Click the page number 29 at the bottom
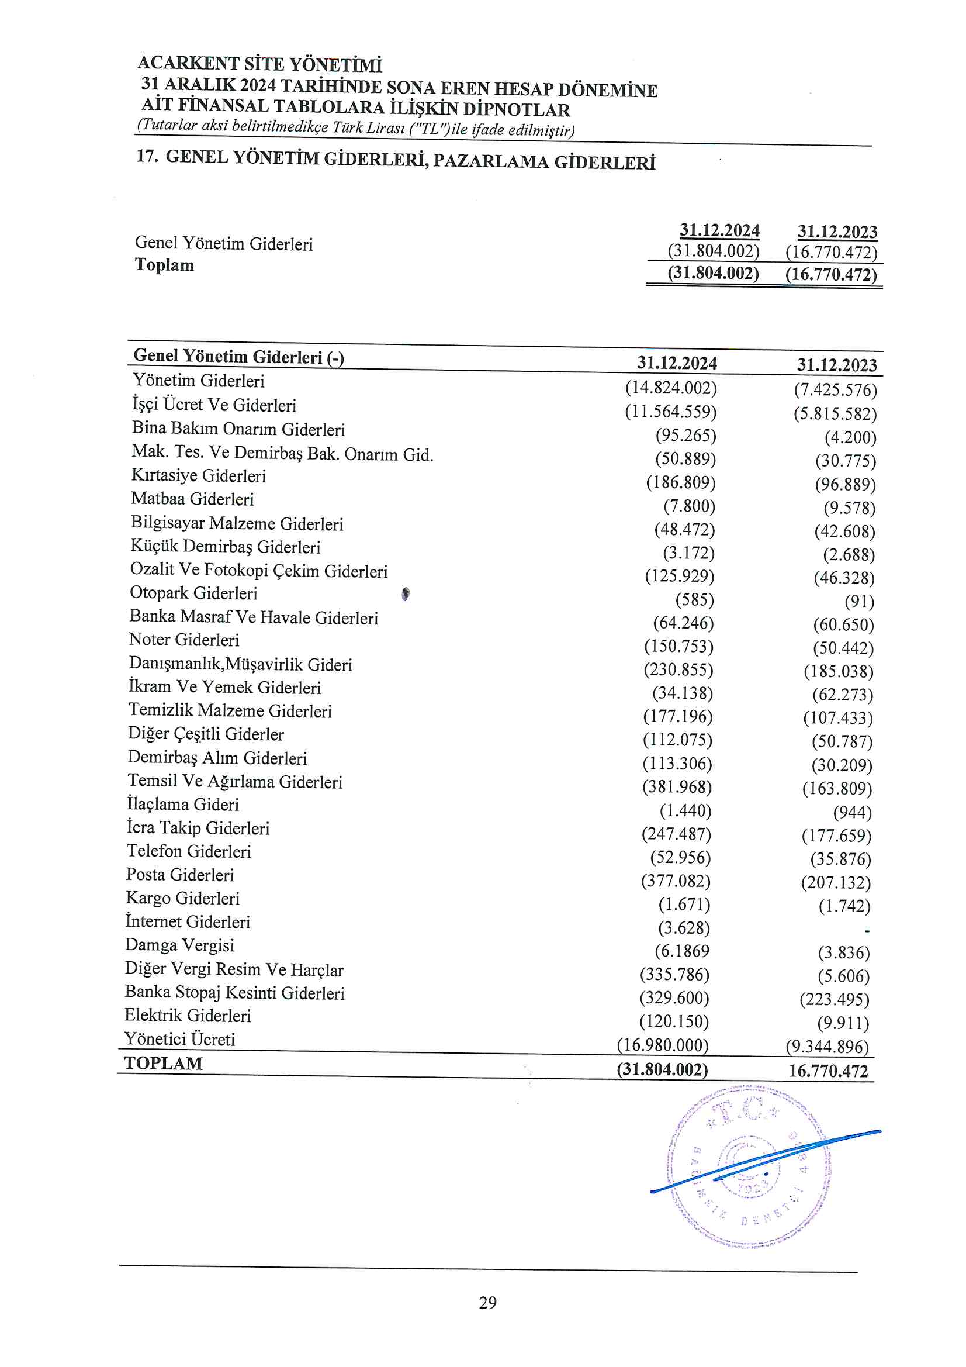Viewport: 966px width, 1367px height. coord(487,1303)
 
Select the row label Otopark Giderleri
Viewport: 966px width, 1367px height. coord(193,593)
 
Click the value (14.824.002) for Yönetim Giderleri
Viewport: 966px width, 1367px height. coord(671,388)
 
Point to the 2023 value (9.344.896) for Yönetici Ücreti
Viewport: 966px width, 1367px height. coord(827,1047)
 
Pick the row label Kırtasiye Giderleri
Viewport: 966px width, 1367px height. coord(198,476)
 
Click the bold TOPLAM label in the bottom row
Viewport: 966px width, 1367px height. coord(164,1064)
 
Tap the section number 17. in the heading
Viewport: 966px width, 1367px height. coord(147,157)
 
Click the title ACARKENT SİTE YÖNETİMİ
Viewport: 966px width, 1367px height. coord(259,64)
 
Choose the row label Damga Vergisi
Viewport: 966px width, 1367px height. coord(180,945)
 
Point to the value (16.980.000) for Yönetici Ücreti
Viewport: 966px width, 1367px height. coord(663,1045)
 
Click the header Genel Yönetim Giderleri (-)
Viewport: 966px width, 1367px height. coord(238,356)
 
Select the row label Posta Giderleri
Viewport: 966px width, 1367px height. coord(180,875)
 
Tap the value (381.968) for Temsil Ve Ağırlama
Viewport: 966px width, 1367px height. coord(677,787)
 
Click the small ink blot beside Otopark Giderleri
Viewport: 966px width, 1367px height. coord(406,593)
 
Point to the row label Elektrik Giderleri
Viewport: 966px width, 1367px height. coord(188,1016)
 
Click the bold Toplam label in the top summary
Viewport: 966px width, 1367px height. coord(164,265)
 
